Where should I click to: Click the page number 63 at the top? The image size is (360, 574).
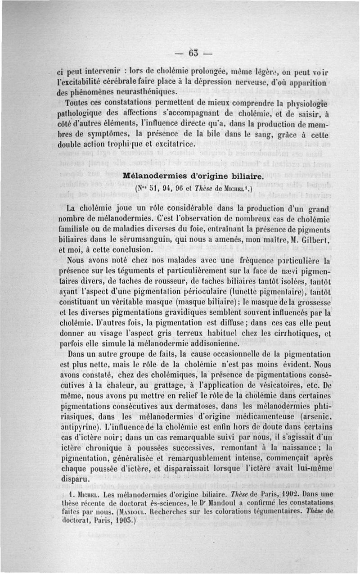tap(193, 53)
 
